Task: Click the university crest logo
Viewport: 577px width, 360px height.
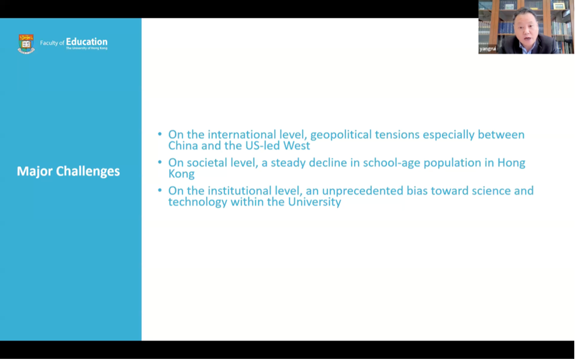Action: [26, 44]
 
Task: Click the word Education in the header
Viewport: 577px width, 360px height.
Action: [87, 42]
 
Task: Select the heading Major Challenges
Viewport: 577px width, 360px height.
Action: [69, 171]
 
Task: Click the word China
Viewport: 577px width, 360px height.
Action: [183, 145]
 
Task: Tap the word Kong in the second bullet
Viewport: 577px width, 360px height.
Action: [181, 174]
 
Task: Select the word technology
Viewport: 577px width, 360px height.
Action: [198, 202]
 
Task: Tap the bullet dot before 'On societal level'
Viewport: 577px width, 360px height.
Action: [160, 162]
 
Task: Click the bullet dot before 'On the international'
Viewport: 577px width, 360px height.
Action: [160, 134]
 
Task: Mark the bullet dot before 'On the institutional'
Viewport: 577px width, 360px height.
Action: [160, 190]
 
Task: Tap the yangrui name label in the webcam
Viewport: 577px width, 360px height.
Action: [488, 49]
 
